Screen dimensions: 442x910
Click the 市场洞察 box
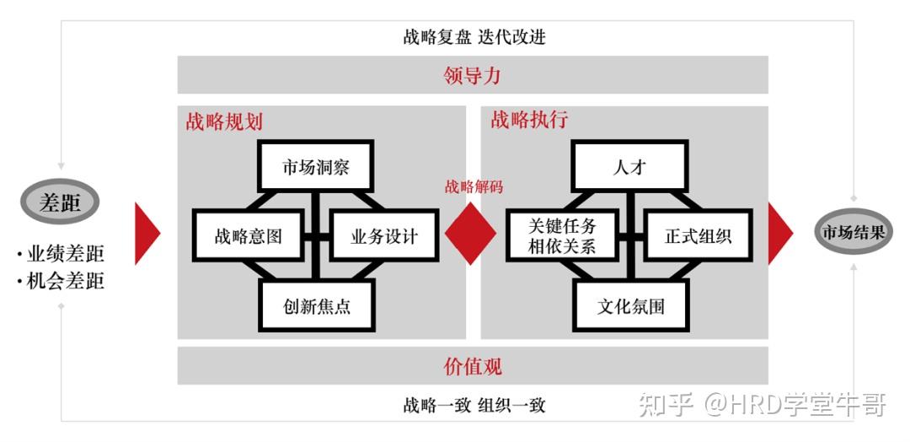316,166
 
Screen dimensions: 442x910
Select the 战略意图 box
248,235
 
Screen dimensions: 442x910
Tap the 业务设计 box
384,235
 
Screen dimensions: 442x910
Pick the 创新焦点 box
317,305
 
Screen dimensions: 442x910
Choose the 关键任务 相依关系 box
561,235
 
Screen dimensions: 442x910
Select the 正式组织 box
698,235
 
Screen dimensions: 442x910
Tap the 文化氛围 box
630,305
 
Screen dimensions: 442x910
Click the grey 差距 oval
61,202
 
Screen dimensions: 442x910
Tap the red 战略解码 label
474,187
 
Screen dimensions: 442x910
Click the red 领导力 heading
472,75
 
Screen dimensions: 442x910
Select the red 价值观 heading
472,366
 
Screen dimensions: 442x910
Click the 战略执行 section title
529,121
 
